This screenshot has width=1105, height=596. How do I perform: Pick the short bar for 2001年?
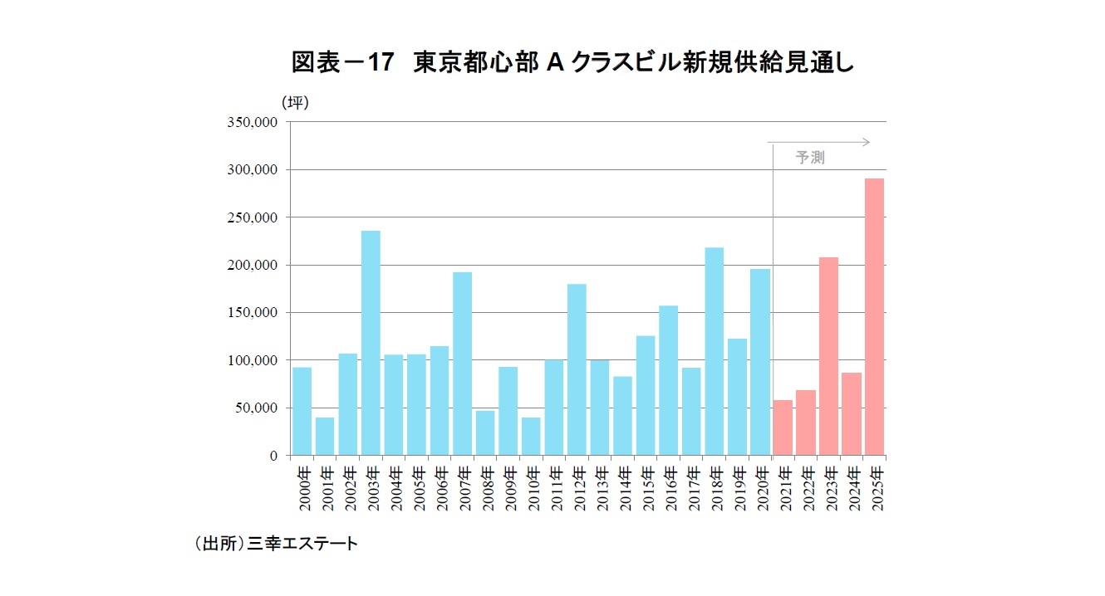[325, 436]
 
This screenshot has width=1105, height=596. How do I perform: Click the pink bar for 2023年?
[828, 356]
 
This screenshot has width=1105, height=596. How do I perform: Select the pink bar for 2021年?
[783, 427]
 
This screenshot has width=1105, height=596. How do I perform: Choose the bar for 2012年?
[577, 369]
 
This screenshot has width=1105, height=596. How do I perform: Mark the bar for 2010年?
[531, 436]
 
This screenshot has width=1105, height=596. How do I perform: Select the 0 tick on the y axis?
[273, 456]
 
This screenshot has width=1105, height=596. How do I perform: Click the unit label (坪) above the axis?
[294, 102]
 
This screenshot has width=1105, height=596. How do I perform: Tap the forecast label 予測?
[810, 158]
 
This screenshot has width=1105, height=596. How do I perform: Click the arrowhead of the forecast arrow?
[866, 142]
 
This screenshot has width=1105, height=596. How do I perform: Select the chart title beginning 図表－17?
[572, 63]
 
